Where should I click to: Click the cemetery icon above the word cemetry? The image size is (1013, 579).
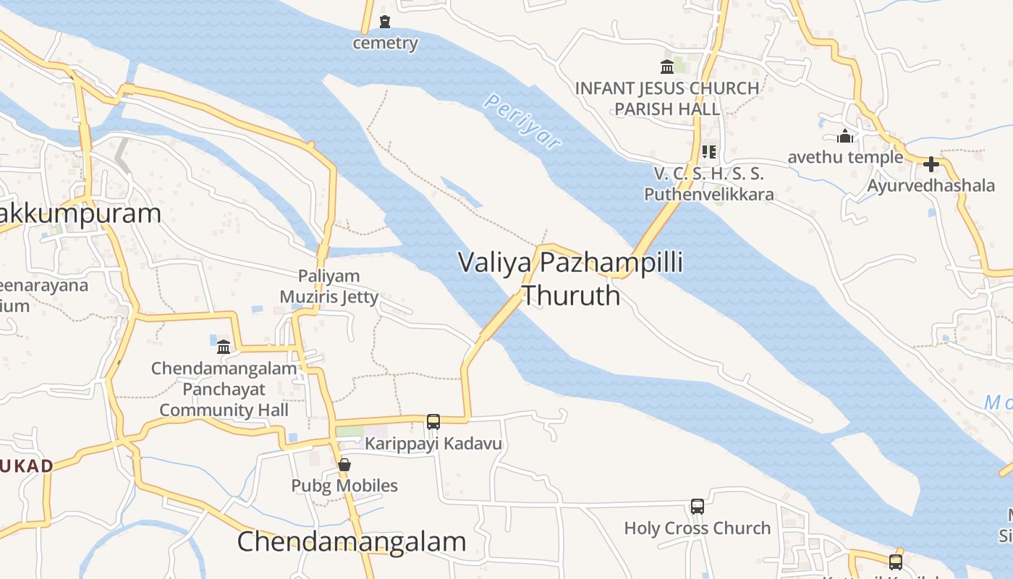point(385,22)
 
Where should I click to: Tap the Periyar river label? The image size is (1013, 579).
point(522,122)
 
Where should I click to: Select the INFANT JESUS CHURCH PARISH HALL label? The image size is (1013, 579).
point(667,98)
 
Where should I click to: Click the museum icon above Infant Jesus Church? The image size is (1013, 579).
point(667,67)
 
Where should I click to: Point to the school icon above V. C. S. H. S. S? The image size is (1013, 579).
point(708,152)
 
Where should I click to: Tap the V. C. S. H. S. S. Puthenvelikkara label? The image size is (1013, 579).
point(709,184)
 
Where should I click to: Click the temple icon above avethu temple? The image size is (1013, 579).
point(844,136)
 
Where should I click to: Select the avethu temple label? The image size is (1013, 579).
point(845,157)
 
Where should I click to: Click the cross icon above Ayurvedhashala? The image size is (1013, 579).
point(931,164)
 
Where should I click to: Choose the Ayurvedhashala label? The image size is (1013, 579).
point(931,185)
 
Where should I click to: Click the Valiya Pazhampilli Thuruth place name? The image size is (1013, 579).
point(571,279)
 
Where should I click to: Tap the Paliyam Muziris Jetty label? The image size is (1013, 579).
point(329,287)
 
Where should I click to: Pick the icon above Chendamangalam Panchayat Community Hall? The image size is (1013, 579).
point(224,347)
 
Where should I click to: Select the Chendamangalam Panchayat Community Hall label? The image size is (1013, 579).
point(224,389)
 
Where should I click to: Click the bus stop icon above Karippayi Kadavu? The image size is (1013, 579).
point(433,421)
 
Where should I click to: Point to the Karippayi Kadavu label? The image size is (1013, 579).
point(433,443)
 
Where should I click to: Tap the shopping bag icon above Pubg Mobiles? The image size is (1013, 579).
point(344,465)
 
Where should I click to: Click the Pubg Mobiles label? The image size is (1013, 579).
point(344,486)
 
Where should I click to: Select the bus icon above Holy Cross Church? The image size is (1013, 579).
point(698,507)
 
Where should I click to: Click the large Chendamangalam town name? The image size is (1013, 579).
point(352,541)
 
